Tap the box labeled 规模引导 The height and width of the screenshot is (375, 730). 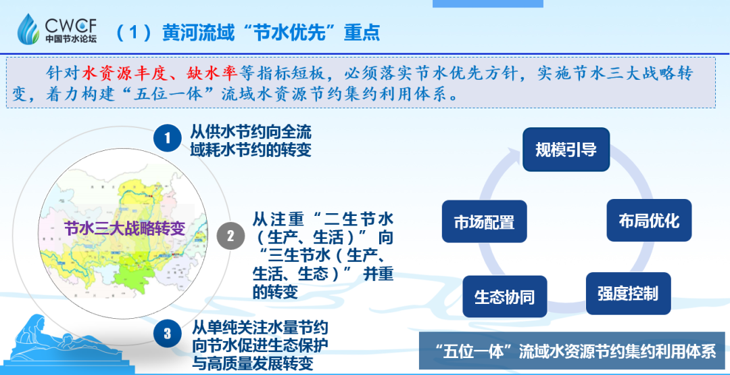566,150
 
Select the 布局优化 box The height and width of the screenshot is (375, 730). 649,220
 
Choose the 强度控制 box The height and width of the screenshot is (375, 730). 627,294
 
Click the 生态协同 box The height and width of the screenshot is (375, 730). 504,297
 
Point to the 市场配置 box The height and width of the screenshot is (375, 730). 484,221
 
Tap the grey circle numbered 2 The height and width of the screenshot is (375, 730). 230,236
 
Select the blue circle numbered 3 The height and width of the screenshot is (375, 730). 167,333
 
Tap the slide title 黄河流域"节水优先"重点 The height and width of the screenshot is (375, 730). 268,32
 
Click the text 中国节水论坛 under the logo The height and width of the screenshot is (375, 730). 71,39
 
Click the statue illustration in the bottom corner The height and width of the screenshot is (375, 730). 54,338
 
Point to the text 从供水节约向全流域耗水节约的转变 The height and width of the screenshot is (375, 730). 251,140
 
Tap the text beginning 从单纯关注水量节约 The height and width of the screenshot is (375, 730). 260,345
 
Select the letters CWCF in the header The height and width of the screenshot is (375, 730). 71,24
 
